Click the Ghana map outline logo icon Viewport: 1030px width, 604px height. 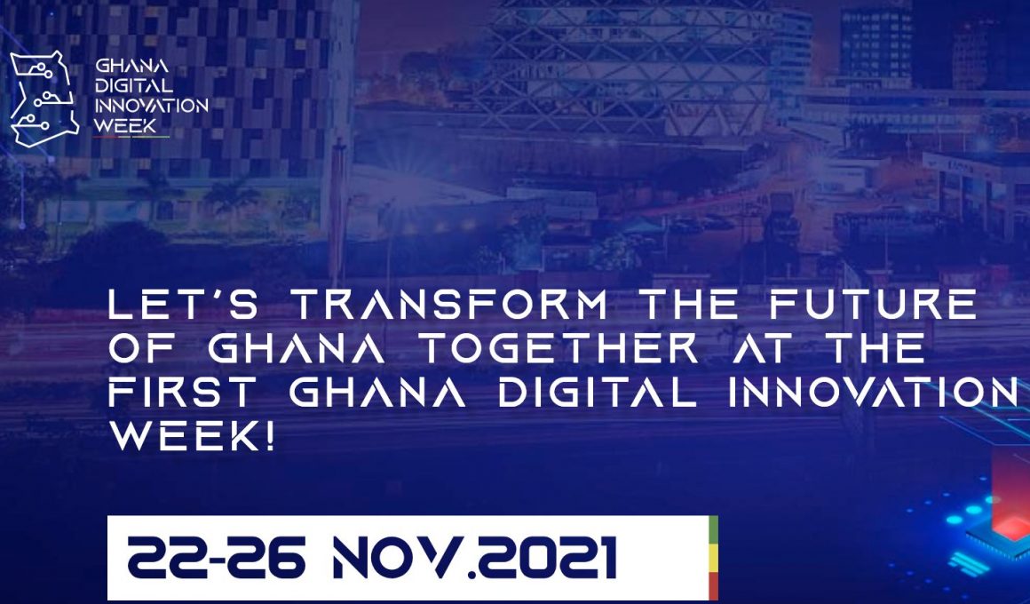click(x=44, y=99)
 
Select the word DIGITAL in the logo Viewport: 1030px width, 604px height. click(x=134, y=85)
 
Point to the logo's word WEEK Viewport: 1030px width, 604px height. click(x=125, y=125)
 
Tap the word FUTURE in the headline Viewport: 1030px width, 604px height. click(x=873, y=305)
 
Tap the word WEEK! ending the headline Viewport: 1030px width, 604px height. click(x=191, y=435)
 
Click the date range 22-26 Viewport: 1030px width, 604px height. click(x=216, y=558)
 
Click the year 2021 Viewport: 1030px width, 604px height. click(x=547, y=558)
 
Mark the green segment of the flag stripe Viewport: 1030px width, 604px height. click(x=713, y=529)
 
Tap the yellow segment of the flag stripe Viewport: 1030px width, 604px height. click(x=713, y=558)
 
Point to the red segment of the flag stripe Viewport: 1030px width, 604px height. click(x=713, y=586)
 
